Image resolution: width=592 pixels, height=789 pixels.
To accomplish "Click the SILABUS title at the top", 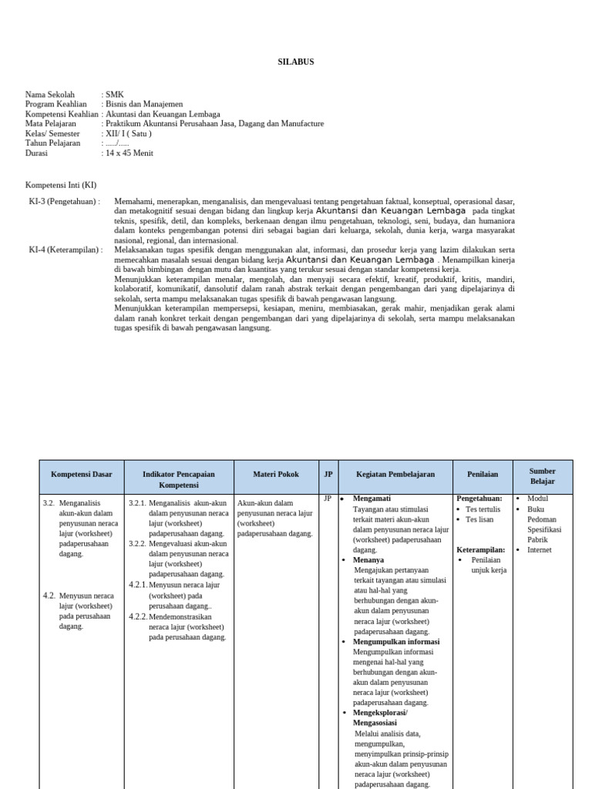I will (296, 62).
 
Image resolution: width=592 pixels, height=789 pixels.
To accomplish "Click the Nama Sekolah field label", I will (50, 95).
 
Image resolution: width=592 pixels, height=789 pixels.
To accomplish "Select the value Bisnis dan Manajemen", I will (144, 104).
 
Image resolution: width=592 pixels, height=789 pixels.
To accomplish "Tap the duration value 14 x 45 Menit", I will (129, 153).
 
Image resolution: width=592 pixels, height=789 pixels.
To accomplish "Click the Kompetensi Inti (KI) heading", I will (61, 186).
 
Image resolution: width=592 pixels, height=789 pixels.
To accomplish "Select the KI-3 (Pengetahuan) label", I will (64, 201).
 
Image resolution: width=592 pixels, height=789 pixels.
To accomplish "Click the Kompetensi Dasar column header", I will (81, 475).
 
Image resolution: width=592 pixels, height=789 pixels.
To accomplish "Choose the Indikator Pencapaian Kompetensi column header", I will (178, 479).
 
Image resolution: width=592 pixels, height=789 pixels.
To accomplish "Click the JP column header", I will (328, 475).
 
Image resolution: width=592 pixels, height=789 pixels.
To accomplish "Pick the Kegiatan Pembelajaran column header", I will (395, 475).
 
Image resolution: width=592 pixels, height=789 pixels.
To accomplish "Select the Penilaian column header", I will (483, 475).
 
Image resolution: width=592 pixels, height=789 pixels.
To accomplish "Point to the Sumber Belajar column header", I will (543, 475).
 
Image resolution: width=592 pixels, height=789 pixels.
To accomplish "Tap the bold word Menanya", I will (368, 560).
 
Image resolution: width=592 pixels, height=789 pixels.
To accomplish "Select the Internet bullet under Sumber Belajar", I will (540, 550).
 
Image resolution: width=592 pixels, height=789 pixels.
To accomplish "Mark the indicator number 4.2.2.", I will (137, 616).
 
